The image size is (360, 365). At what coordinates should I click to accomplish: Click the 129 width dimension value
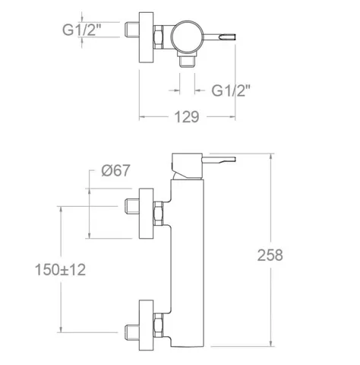(187, 117)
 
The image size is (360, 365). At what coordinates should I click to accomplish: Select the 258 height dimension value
(270, 255)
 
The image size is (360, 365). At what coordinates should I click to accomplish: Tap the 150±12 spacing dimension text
(60, 270)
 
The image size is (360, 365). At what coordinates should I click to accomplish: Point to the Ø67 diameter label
(115, 170)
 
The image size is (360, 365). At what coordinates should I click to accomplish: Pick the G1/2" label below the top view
(231, 90)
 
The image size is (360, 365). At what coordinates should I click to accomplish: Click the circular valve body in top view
(187, 36)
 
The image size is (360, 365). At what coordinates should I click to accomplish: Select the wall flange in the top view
(147, 37)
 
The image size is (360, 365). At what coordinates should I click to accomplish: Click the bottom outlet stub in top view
(187, 62)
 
